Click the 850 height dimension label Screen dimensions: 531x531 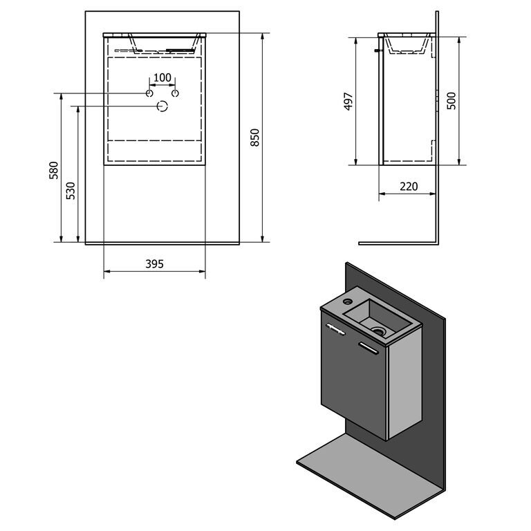pyautogui.click(x=254, y=138)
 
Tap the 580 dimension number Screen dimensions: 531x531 pyautogui.click(x=54, y=170)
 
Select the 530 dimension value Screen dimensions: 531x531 pyautogui.click(x=71, y=191)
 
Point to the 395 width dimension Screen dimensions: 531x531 pyautogui.click(x=154, y=264)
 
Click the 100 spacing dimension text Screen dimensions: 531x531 pyautogui.click(x=162, y=77)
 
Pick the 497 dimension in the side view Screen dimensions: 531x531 pyautogui.click(x=348, y=101)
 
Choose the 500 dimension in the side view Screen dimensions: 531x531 pyautogui.click(x=451, y=100)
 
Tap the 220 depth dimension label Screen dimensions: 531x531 pyautogui.click(x=409, y=186)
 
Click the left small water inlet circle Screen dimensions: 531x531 pyautogui.click(x=149, y=93)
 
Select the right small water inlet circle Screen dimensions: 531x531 pyautogui.click(x=175, y=93)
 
